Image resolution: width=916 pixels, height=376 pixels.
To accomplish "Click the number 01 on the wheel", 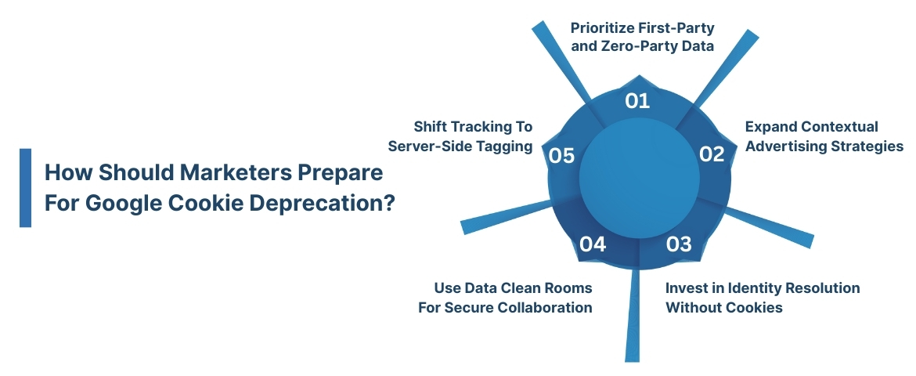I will pyautogui.click(x=638, y=100).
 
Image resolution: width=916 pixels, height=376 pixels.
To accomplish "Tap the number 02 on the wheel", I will pyautogui.click(x=711, y=154).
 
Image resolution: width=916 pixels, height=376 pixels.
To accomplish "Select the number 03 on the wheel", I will pyautogui.click(x=679, y=244).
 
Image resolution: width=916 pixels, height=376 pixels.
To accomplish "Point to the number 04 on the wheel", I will pyautogui.click(x=593, y=244).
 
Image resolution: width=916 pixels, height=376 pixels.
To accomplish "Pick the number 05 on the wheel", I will pyautogui.click(x=562, y=156).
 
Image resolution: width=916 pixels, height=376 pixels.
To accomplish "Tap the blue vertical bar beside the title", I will pyautogui.click(x=25, y=188).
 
